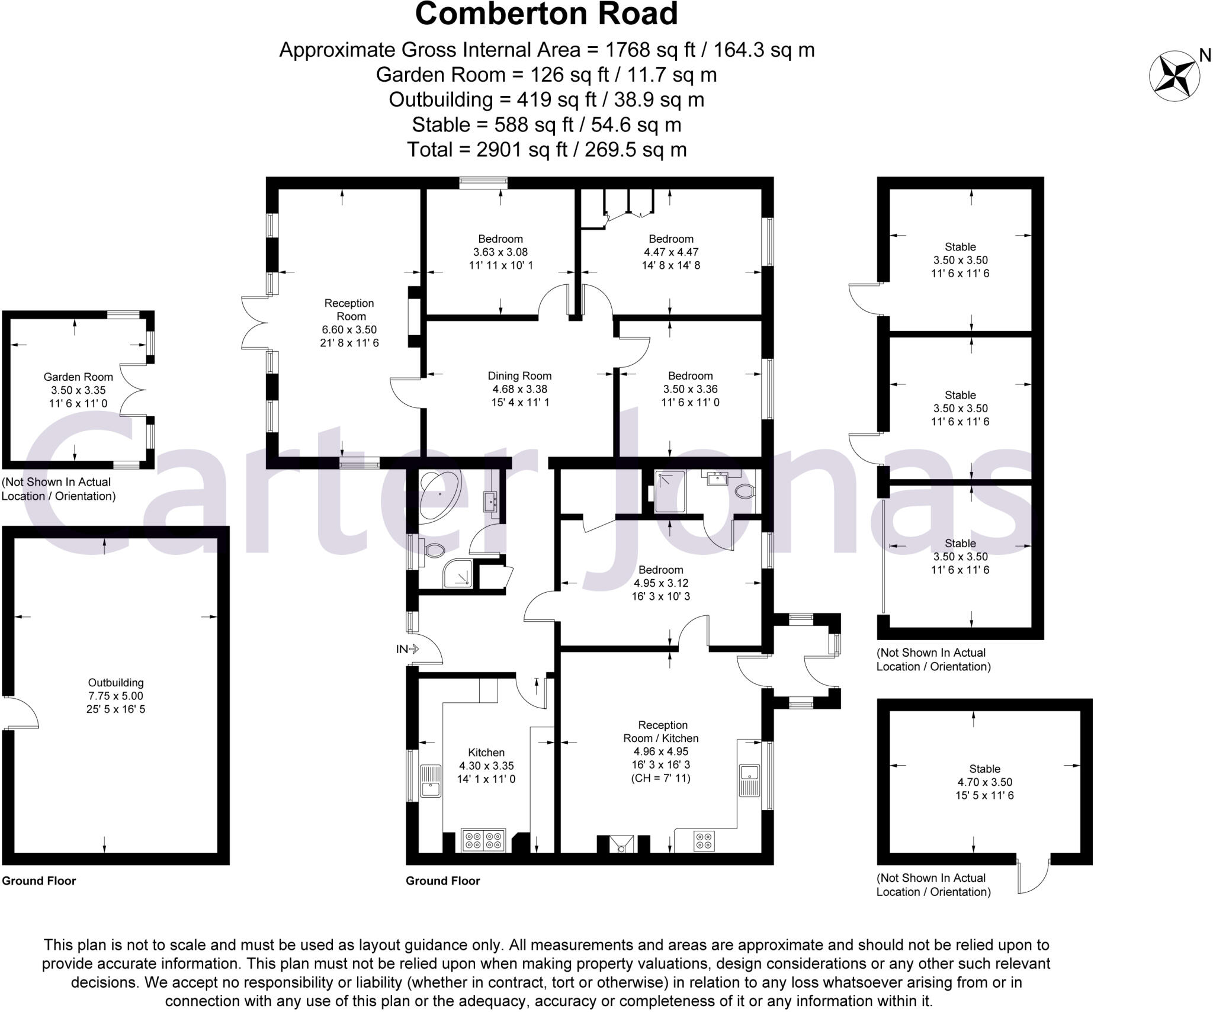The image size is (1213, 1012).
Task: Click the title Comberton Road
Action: point(546,14)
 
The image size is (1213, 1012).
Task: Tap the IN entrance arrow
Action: point(407,649)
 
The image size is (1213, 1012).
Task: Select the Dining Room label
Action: point(519,376)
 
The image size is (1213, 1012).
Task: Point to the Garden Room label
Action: point(78,377)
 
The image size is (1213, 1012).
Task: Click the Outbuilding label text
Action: point(115,683)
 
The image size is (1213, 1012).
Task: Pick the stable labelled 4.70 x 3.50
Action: point(984,782)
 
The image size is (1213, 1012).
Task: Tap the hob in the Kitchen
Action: point(484,840)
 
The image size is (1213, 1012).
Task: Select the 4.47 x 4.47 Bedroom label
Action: point(670,252)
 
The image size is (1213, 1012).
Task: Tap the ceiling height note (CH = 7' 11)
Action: point(660,778)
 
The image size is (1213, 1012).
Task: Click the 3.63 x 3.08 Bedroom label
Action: point(500,252)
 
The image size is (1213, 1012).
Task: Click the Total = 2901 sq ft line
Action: point(546,149)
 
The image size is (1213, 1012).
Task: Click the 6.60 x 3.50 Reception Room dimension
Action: point(349,330)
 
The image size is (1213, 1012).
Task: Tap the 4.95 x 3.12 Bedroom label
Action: point(660,583)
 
